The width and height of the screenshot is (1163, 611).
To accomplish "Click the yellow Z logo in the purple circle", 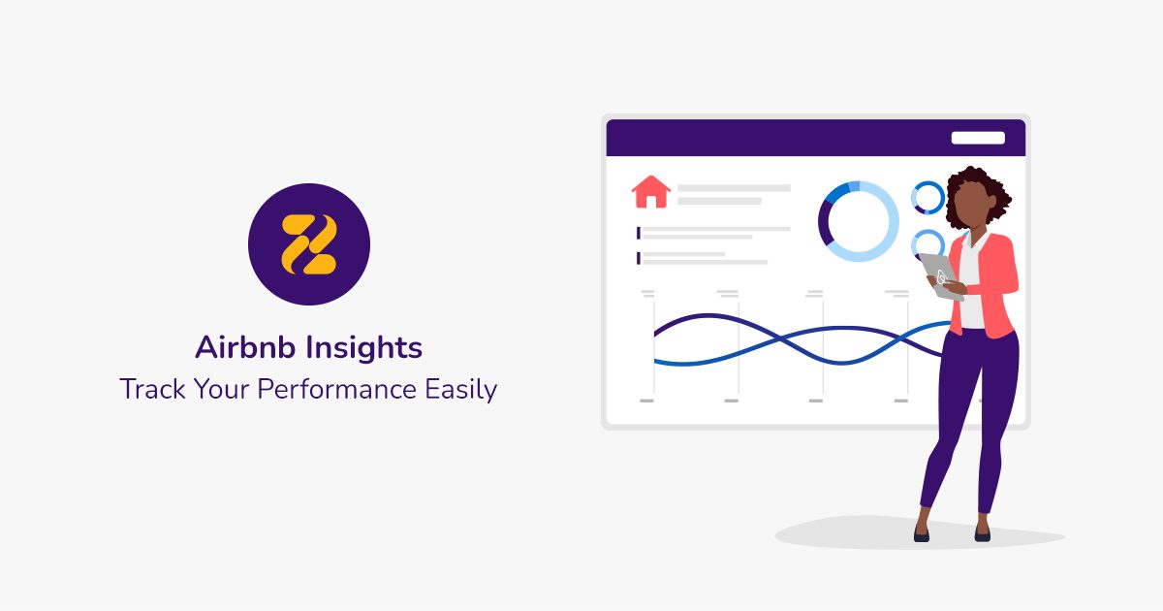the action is coord(309,244).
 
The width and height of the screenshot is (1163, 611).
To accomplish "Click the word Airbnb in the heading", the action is coord(245,347).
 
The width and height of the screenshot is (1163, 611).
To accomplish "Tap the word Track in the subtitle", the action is coord(152,389).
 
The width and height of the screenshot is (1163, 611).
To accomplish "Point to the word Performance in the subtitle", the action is coord(336,389).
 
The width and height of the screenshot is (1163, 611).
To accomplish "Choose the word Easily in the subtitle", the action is coord(461,390).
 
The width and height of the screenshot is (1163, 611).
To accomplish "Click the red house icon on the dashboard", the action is coord(650,192).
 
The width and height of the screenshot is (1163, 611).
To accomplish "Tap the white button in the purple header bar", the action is coord(978,138).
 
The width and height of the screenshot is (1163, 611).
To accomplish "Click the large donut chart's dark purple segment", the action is coord(823,223).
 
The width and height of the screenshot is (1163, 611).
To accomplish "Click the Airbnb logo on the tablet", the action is coord(942,278).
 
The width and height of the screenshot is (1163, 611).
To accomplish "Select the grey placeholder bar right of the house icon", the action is coord(734,188).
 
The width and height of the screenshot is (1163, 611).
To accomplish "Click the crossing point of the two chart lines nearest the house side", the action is coord(779,339).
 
